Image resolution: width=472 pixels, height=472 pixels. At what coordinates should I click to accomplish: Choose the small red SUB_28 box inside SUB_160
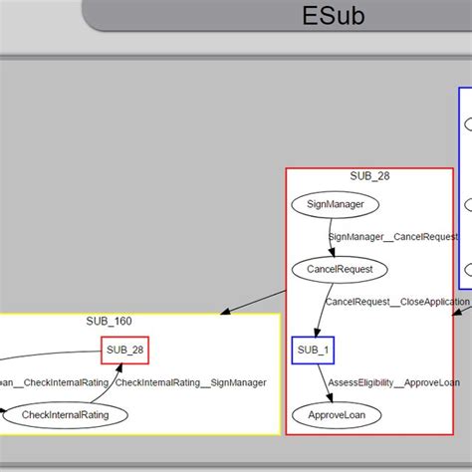pyautogui.click(x=125, y=351)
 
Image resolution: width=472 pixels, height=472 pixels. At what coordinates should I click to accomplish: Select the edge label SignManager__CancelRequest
pyautogui.click(x=393, y=237)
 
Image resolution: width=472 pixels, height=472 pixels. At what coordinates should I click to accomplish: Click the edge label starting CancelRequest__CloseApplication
pyautogui.click(x=396, y=301)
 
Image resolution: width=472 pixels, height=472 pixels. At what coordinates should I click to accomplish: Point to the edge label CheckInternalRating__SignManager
pyautogui.click(x=190, y=382)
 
